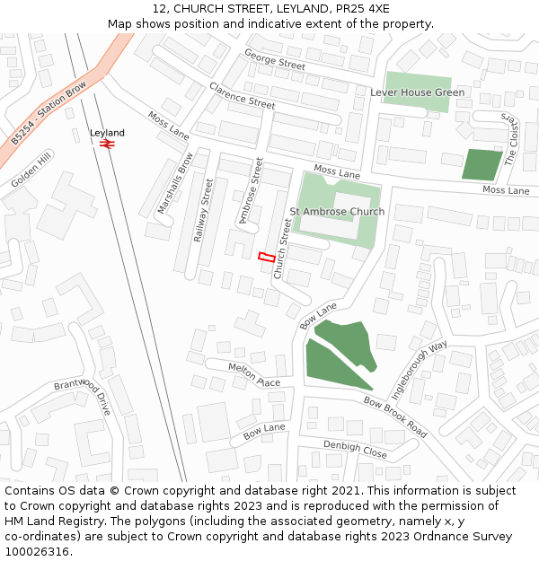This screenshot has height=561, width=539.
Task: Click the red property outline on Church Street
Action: (267, 257)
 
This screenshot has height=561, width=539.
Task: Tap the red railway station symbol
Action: (107, 143)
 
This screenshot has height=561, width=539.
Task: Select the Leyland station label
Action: (107, 133)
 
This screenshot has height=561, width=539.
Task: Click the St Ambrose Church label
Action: (337, 212)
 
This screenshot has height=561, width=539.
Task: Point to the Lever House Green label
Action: (417, 92)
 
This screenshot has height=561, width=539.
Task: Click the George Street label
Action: (275, 60)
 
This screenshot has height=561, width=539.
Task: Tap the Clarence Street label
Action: (242, 96)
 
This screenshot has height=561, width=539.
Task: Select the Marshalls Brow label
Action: (175, 183)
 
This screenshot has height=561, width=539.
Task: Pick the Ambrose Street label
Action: (249, 191)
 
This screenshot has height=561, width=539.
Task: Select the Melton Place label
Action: (254, 375)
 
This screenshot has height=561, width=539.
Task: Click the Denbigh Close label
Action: (355, 450)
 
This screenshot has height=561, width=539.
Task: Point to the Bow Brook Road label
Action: (395, 416)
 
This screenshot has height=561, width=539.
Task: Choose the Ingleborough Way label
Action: (420, 370)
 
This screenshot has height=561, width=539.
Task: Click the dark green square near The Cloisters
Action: (482, 165)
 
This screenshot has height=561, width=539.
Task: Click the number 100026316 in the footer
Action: (37, 552)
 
